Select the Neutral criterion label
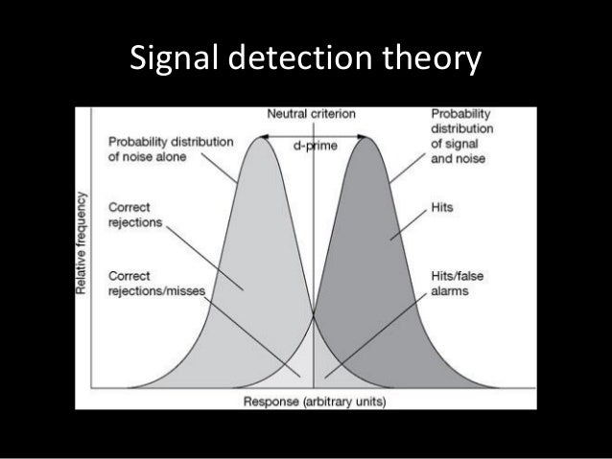310,113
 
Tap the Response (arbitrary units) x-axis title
314,402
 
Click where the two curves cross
313,313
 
